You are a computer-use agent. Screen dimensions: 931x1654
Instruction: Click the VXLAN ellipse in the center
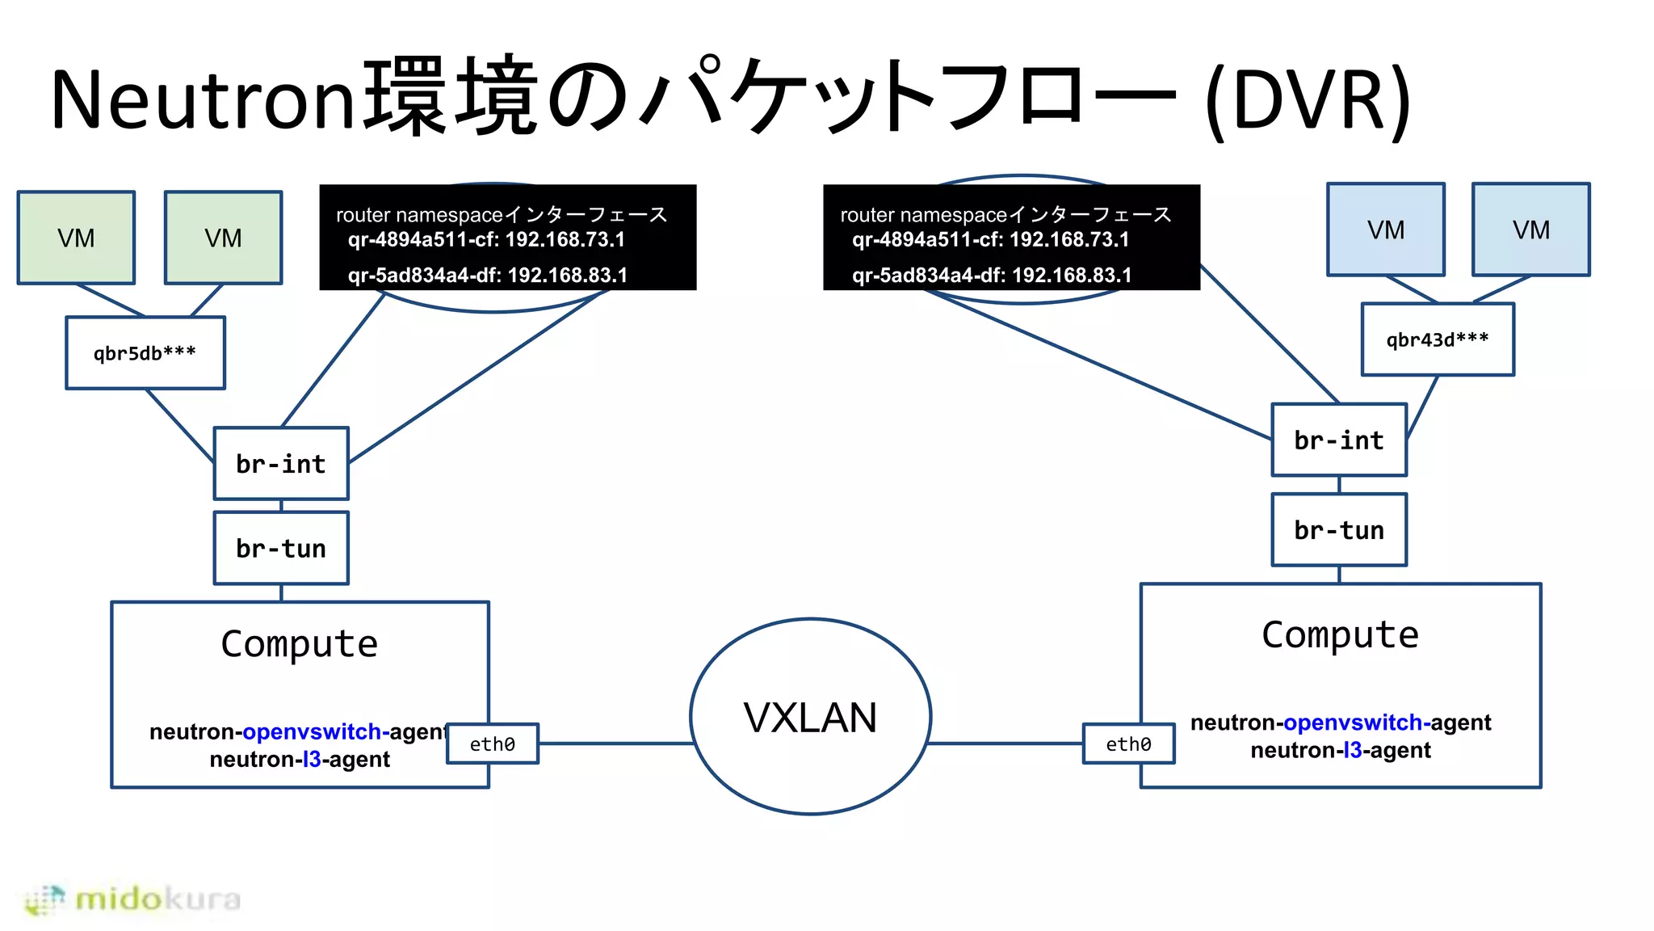(x=810, y=717)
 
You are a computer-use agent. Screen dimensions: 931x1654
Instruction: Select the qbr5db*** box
(x=145, y=353)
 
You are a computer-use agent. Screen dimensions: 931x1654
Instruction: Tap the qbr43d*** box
(x=1438, y=339)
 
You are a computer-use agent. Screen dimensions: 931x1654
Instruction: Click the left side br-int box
(x=281, y=464)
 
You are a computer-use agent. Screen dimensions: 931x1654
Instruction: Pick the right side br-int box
(x=1339, y=440)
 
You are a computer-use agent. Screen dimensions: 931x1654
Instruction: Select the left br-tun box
(x=281, y=549)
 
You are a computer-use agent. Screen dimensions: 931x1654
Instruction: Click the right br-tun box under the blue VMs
(x=1339, y=530)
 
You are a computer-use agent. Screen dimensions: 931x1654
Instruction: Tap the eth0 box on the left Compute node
(x=493, y=744)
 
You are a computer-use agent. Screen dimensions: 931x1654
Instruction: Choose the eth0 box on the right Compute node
(x=1128, y=744)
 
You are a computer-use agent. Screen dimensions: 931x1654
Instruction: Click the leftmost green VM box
(x=76, y=238)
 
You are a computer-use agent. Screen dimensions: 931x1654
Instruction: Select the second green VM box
(x=223, y=238)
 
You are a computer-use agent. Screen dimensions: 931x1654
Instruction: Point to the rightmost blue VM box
(x=1530, y=230)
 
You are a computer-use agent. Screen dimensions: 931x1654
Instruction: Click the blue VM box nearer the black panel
(x=1386, y=230)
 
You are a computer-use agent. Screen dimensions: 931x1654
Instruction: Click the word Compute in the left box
(x=300, y=644)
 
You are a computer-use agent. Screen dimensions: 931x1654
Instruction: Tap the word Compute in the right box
(x=1340, y=635)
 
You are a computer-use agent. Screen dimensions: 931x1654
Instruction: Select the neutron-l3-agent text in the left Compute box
(x=300, y=760)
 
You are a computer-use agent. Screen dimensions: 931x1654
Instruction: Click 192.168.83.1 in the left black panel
(x=567, y=276)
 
